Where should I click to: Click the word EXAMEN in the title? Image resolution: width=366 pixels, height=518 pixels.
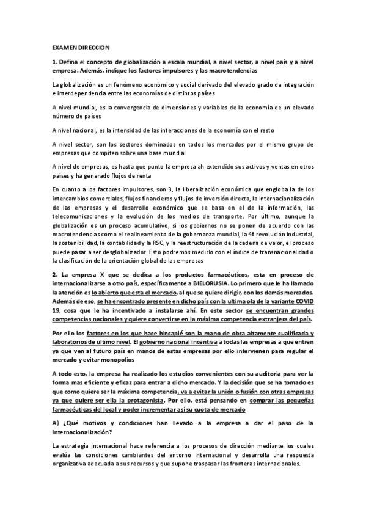(63, 46)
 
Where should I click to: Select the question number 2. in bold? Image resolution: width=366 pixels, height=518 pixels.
(54, 277)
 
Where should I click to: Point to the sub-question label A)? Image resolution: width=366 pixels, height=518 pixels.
(56, 423)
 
